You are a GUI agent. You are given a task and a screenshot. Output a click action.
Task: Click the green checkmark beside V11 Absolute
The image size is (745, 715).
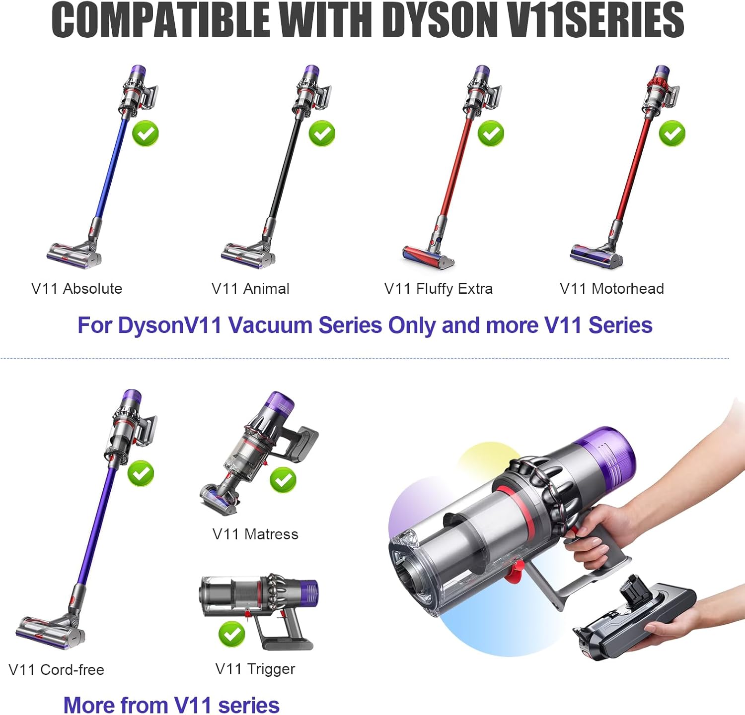145,133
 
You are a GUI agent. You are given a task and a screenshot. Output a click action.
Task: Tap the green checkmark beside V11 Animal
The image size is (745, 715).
322,133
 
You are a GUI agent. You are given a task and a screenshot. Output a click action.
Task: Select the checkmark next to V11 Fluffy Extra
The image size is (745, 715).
491,133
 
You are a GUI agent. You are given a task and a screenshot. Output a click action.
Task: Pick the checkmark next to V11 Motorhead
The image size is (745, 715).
672,133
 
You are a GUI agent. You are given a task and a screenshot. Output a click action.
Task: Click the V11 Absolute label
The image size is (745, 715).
76,288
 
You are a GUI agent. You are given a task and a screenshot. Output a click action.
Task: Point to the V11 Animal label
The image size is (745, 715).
250,288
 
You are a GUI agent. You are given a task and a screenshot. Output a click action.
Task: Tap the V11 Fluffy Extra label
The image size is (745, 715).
439,289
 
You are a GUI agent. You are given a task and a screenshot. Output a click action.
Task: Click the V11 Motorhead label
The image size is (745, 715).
612,288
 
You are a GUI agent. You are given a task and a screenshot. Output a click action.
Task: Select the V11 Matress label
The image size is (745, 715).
255,534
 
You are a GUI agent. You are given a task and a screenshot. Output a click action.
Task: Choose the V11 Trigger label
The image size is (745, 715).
255,669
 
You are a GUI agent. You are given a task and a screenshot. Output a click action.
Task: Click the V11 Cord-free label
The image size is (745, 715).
57,669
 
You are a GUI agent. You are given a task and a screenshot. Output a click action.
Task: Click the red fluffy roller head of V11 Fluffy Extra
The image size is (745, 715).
428,256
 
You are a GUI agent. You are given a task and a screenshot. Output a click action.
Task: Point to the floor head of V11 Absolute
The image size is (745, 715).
74,255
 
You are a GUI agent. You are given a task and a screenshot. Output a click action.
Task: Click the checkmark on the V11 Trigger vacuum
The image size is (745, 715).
231,634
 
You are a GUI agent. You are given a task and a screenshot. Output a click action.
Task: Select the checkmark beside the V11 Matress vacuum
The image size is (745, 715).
283,480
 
